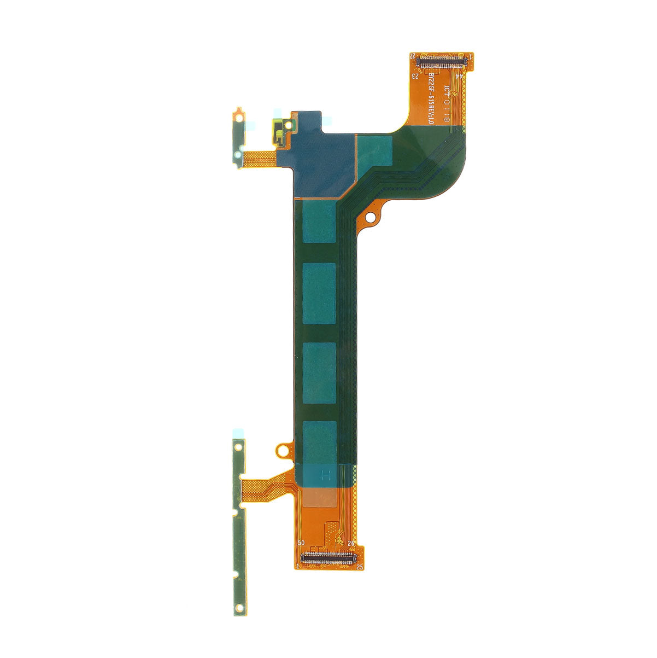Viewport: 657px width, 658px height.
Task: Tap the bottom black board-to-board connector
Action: pos(328,558)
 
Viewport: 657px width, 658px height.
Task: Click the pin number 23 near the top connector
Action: pos(415,77)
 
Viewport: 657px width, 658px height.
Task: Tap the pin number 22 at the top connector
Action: pos(413,56)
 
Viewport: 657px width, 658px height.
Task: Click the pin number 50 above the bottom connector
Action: pos(301,543)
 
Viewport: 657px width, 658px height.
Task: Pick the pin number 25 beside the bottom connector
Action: pos(359,567)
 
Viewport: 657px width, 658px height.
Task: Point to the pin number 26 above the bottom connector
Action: pos(351,543)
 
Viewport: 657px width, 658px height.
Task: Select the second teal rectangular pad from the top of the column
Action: pos(319,293)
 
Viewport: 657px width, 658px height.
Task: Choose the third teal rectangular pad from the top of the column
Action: pos(319,373)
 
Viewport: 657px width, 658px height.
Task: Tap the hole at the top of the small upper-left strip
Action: pos(239,116)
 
